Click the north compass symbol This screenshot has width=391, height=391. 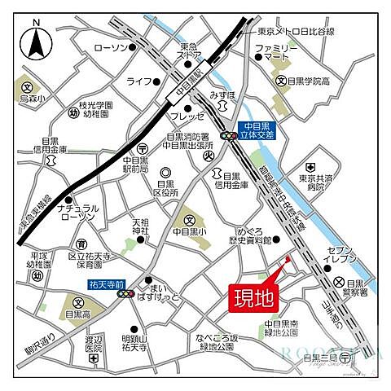tap(35, 42)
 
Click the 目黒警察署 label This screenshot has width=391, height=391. tap(351, 291)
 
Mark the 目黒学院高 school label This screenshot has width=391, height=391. tap(310, 81)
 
